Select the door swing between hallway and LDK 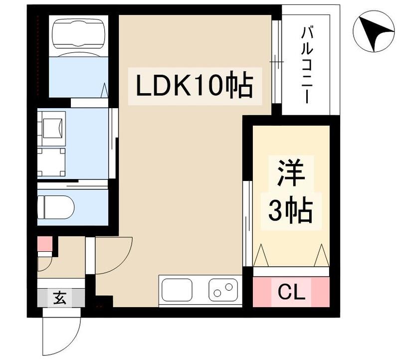click(112, 254)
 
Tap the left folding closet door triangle click(261, 256)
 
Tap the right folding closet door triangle click(321, 256)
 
